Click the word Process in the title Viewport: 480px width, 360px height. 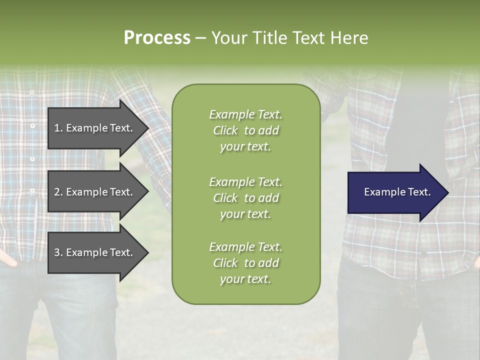point(157,38)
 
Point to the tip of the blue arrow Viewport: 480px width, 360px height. point(447,192)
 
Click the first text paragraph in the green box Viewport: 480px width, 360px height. point(245,130)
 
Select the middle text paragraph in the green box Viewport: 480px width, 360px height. point(245,198)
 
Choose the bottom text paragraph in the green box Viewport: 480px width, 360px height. point(245,263)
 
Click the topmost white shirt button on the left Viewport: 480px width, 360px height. point(32,92)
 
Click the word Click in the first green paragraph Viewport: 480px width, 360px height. point(225,130)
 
